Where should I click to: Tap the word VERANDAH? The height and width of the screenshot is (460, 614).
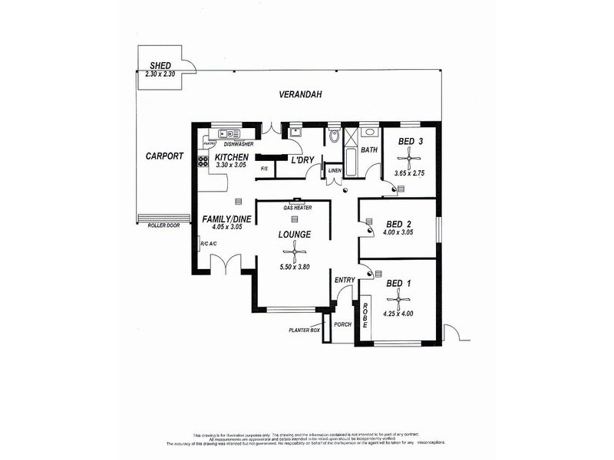tap(299, 94)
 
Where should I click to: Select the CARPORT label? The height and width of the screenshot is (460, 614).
tap(164, 156)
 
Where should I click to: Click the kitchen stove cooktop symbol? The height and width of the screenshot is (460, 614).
tap(203, 162)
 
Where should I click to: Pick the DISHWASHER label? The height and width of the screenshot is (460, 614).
tap(239, 143)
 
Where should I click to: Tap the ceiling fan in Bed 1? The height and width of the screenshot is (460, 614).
tap(399, 301)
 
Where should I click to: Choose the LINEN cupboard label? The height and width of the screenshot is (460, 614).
tap(335, 170)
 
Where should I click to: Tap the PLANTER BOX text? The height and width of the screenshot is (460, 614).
tap(303, 330)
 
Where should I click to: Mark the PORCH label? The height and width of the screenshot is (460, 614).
tap(342, 324)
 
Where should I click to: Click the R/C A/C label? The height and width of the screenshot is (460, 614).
tap(210, 244)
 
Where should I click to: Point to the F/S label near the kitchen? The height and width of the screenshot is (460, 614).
tap(263, 168)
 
